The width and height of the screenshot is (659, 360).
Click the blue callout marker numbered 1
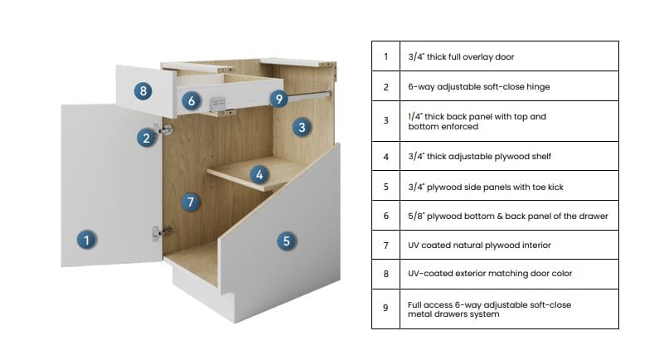point(85,241)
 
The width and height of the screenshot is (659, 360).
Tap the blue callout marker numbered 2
point(146,138)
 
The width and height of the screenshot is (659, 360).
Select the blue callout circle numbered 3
point(302,127)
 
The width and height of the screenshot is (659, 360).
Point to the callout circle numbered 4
point(259,174)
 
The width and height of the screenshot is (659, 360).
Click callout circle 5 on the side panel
point(286,241)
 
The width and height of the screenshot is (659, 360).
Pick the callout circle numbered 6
point(191,101)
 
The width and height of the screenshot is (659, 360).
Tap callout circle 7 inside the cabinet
point(191,202)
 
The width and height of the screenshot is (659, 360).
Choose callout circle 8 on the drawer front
point(143,90)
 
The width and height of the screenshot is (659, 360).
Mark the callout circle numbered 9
point(279,99)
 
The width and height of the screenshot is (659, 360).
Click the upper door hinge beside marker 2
point(165,130)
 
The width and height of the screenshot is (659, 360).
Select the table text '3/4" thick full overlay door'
point(463,57)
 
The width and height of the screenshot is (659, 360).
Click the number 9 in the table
point(385,308)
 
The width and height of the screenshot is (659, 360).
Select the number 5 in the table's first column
point(385,186)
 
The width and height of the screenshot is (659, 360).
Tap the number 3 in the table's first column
point(385,121)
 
